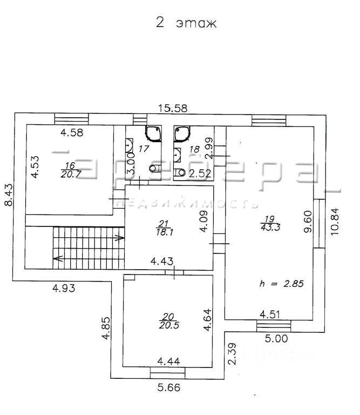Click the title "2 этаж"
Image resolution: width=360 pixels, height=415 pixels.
click(186, 23)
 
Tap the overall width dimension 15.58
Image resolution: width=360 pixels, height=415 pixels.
click(173, 108)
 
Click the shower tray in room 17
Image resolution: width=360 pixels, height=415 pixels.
click(153, 133)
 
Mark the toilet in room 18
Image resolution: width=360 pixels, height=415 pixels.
click(180, 172)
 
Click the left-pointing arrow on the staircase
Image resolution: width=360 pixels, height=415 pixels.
click(58, 258)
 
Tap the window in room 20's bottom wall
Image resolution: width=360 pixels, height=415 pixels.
click(167, 373)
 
